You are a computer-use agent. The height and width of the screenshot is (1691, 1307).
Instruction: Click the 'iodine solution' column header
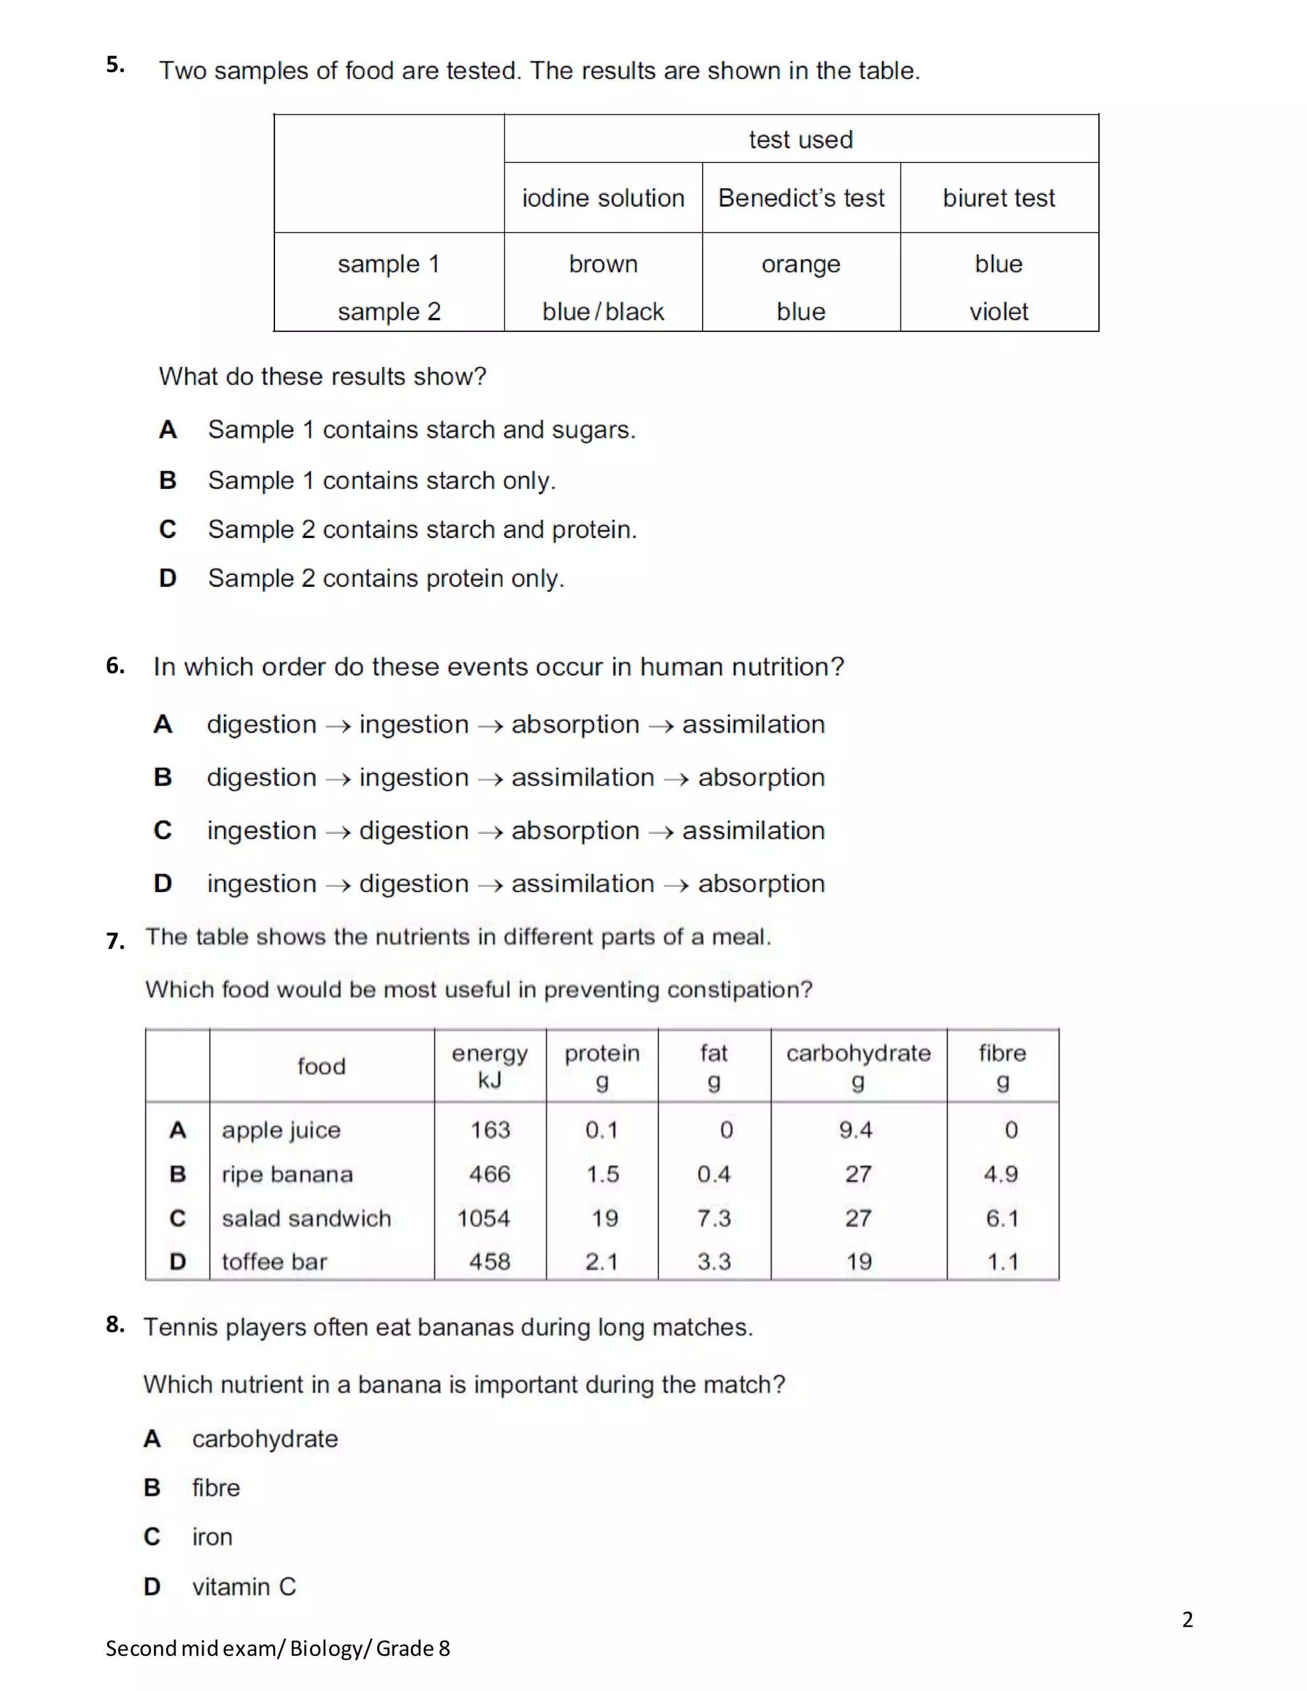point(603,198)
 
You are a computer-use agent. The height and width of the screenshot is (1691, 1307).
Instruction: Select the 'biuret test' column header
point(999,198)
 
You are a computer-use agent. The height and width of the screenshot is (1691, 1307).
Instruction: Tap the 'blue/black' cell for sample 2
point(603,311)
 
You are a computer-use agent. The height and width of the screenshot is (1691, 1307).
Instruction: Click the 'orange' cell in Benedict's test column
point(801,264)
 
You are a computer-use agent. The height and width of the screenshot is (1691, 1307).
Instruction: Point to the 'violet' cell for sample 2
point(999,311)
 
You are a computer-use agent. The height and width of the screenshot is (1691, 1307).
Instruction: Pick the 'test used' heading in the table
point(801,139)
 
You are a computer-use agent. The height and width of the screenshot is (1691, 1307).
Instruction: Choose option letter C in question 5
point(168,530)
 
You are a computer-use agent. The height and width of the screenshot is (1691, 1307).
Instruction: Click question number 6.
point(116,665)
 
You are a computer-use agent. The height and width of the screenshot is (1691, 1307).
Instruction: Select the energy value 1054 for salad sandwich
point(483,1218)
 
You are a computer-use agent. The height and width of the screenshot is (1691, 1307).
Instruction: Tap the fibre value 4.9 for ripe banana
point(1001,1173)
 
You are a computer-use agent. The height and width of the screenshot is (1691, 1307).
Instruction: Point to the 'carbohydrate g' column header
point(858,1066)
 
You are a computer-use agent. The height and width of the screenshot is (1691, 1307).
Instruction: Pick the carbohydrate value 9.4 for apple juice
point(856,1129)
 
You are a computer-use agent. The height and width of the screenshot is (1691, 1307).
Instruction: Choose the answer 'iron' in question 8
point(212,1537)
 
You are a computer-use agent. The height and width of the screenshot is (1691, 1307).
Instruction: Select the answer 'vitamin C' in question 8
point(244,1586)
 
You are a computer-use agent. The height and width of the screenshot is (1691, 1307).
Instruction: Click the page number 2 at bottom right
point(1187,1619)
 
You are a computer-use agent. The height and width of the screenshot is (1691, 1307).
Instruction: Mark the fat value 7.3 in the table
point(713,1218)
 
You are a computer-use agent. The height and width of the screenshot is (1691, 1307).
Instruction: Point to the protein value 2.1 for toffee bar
point(602,1262)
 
